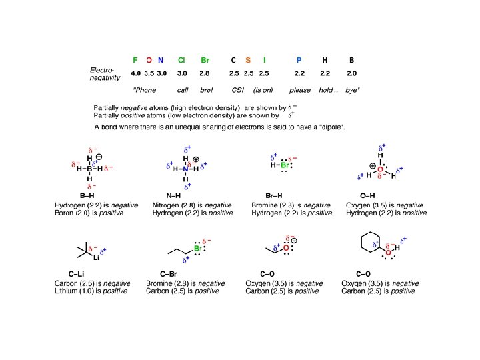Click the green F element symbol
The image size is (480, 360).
[135, 60]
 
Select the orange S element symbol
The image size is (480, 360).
[248, 60]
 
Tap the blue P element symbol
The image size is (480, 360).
[299, 60]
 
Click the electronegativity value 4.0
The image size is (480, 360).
[135, 73]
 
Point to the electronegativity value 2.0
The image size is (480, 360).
[351, 73]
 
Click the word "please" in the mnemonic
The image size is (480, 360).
[299, 90]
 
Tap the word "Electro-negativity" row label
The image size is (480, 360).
[105, 74]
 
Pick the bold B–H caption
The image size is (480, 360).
[87, 195]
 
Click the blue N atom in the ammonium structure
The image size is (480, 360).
[186, 169]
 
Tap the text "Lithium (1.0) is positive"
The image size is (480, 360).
[91, 291]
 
